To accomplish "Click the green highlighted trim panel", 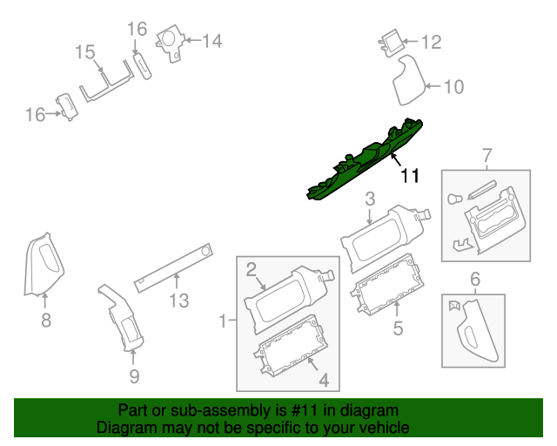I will coord(366,161).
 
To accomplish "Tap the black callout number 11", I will coord(410,176).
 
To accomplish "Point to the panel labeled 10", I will coord(406,81).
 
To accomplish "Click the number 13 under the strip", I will coord(178,301).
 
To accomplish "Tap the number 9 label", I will coord(134,376).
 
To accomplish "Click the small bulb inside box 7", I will coord(453,199).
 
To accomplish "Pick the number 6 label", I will coord(475,279).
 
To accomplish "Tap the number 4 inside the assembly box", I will coord(323,380).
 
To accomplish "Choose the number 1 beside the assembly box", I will coord(222,321).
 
